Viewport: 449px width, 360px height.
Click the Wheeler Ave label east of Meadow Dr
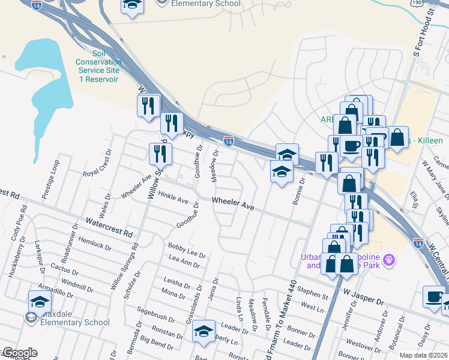pyautogui.click(x=234, y=205)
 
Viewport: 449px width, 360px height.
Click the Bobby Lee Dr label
pyautogui.click(x=187, y=250)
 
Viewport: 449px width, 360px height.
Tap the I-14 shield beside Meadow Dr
pyautogui.click(x=229, y=141)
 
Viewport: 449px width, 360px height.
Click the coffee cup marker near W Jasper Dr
pyautogui.click(x=434, y=296)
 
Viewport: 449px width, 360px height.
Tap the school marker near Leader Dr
pyautogui.click(x=203, y=330)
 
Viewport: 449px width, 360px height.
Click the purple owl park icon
pyautogui.click(x=389, y=261)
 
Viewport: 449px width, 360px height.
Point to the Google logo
pyautogui.click(x=19, y=353)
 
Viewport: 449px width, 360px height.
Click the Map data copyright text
pyautogui.click(x=423, y=355)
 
